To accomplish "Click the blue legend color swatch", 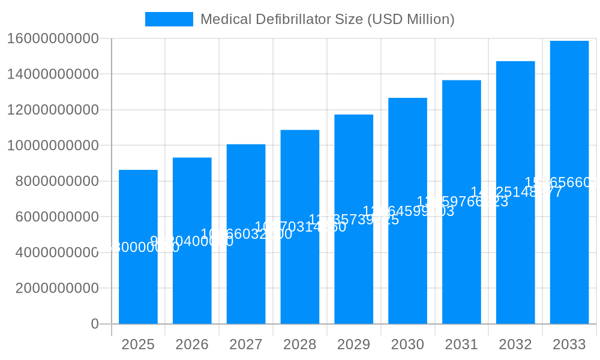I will tap(169, 19).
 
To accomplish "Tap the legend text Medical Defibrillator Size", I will tap(327, 19).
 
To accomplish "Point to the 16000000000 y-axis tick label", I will tap(53, 39).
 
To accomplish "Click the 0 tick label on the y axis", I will tap(94, 324).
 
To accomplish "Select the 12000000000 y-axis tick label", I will tap(53, 110).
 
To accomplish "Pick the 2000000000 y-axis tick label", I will tap(57, 288).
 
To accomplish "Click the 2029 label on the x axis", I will tap(353, 344).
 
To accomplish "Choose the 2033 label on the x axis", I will tap(569, 344).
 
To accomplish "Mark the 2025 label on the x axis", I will tap(138, 344).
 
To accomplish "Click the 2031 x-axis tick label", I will tap(461, 344).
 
